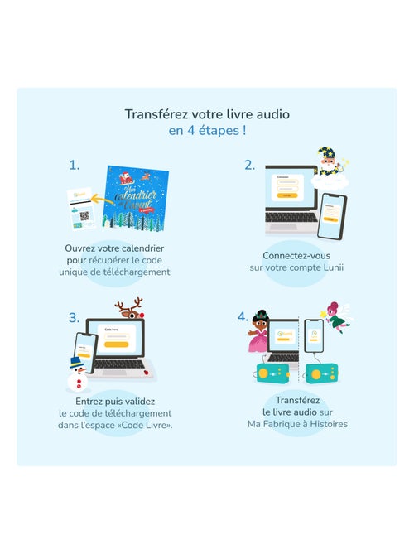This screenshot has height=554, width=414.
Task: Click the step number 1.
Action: pos(75,165)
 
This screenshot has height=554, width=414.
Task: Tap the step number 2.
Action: pos(249,165)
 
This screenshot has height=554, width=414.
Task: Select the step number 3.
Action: pos(75,317)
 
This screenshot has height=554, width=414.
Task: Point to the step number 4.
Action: pos(243,316)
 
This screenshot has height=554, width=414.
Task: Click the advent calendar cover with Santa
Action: pos(136,200)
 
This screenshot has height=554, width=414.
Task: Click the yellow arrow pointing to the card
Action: pos(103,198)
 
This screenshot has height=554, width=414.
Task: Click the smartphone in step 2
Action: pos(332,216)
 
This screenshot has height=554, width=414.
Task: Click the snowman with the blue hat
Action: pos(78,373)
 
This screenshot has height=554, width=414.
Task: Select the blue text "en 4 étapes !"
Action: pos(207,131)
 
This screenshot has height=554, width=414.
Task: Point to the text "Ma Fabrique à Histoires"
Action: pos(297,424)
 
